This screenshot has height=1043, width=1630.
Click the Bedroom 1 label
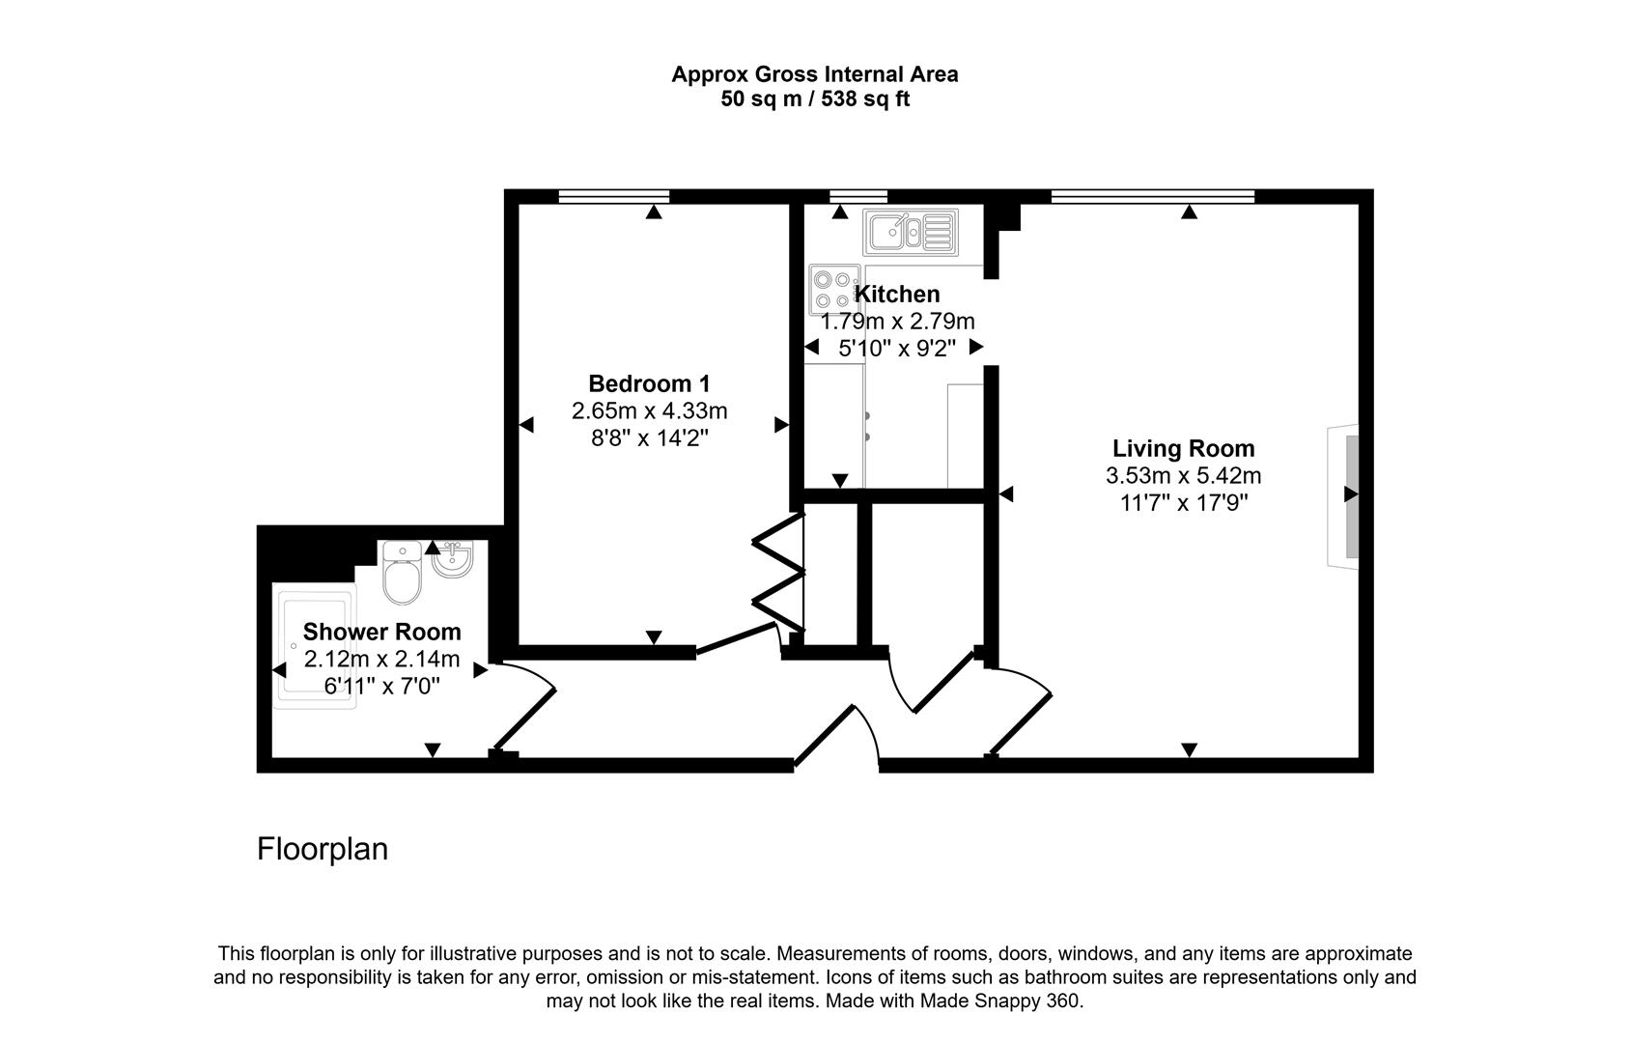649,383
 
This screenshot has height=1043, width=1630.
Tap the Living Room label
1183,448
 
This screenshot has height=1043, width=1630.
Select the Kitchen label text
897,294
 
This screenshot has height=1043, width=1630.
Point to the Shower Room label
381,632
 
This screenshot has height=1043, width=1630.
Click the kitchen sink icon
911,233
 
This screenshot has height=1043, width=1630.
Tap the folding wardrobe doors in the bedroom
778,576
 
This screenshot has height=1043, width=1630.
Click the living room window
1152,197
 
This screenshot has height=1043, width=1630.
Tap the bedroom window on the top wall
613,197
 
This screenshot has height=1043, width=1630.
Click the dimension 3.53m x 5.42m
1183,475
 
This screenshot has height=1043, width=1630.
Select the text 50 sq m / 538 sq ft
814,99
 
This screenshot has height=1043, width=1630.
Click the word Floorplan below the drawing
323,849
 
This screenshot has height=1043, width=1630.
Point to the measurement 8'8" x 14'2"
649,437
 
